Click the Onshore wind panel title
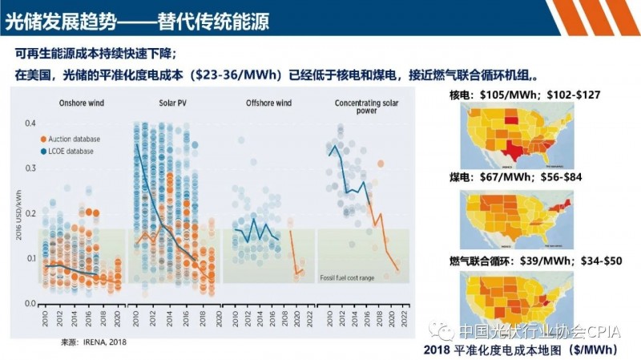coord(81,103)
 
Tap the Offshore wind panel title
coord(268,103)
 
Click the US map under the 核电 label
coord(513,136)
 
